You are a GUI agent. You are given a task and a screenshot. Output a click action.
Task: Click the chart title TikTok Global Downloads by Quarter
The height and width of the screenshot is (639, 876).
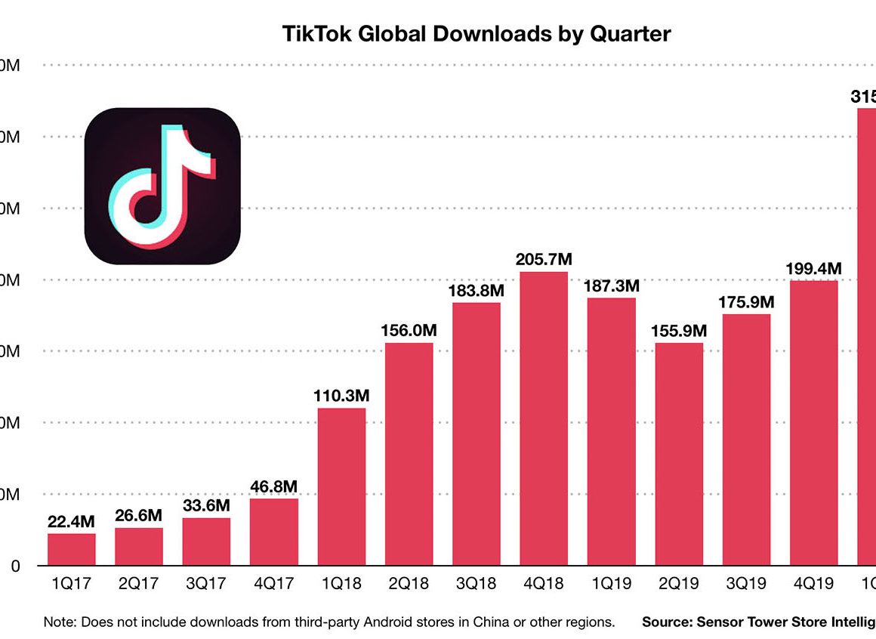tap(477, 34)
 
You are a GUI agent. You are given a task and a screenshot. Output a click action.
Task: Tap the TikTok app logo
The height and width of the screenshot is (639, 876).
tap(162, 186)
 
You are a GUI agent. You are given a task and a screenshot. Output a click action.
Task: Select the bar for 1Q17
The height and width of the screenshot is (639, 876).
tap(72, 549)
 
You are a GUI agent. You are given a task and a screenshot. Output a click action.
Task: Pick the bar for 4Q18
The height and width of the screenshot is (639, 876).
tap(544, 418)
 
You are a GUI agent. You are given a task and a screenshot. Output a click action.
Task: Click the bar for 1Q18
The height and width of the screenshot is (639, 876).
tap(341, 486)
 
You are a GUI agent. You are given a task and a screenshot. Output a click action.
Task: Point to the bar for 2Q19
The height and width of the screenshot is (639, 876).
tap(679, 454)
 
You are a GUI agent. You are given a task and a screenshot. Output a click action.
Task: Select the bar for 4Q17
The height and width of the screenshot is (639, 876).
tap(274, 532)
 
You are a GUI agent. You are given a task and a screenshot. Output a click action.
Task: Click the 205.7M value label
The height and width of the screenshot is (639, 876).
tap(544, 259)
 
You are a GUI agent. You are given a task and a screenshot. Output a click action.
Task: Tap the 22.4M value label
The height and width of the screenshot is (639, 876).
tap(72, 521)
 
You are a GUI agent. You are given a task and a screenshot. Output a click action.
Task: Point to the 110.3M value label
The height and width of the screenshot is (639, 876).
tap(341, 396)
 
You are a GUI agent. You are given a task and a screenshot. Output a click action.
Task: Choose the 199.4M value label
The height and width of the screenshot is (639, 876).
tap(814, 268)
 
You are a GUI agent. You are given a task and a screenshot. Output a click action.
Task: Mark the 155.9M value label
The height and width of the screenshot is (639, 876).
tap(679, 331)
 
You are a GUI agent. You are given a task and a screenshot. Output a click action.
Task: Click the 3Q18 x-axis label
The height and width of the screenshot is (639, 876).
tap(476, 584)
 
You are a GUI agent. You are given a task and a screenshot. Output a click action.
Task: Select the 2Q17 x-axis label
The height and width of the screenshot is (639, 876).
tap(139, 584)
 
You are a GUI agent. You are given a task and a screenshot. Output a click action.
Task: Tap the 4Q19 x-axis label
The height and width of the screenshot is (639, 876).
tap(813, 584)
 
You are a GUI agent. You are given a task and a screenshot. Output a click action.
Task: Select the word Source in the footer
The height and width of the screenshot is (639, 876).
tap(666, 622)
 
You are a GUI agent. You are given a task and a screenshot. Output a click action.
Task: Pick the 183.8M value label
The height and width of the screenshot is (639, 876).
tap(477, 290)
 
